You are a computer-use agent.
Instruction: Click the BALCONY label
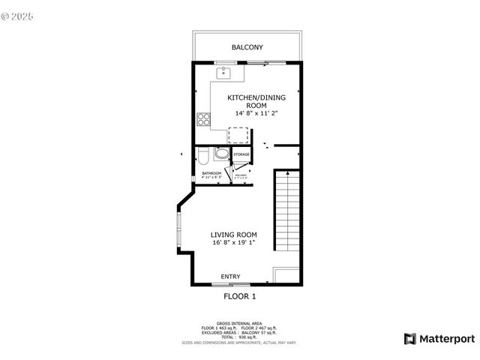pos(247,47)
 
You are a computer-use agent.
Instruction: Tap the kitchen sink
pos(223,73)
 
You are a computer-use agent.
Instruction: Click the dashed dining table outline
pos(238,134)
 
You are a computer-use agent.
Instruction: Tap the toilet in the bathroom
pos(203,155)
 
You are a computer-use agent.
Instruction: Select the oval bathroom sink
pos(221,154)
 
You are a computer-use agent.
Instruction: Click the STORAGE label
pos(241,154)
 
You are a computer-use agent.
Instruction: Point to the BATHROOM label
pos(211,173)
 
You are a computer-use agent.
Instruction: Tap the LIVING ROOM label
pos(233,235)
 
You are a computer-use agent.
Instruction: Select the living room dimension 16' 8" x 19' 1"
pos(233,243)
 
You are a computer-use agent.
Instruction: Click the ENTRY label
pos(230,277)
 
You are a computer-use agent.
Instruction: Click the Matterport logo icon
pos(409,338)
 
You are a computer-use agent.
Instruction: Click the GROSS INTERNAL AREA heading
pos(239,323)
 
